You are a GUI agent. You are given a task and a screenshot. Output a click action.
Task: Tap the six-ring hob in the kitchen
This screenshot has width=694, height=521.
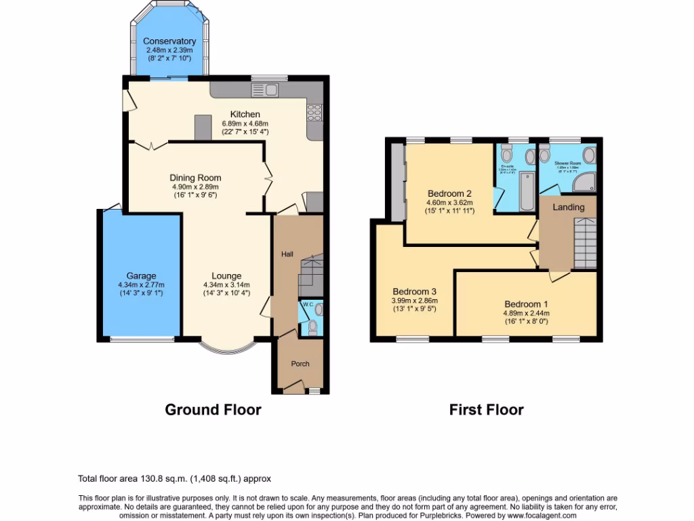click(315, 111)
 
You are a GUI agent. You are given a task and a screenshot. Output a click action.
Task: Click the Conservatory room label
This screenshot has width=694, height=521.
click(169, 41)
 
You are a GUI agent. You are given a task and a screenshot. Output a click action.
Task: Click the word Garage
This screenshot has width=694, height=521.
click(141, 275)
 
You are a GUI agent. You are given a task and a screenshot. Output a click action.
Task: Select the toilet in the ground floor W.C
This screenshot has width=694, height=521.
click(312, 328)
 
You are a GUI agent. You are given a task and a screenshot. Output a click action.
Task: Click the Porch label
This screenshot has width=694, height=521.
click(300, 364)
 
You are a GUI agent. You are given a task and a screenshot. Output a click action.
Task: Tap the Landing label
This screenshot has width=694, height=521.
click(568, 207)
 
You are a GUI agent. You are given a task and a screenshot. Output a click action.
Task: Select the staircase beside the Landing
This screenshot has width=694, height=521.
click(585, 242)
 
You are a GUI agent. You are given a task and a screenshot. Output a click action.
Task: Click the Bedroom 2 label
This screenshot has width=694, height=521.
click(449, 193)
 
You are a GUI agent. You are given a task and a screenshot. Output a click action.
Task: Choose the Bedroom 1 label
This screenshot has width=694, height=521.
click(526, 304)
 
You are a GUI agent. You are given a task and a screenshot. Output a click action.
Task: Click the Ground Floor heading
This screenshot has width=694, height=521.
click(213, 410)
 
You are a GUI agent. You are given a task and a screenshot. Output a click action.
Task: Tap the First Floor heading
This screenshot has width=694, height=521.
click(486, 410)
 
